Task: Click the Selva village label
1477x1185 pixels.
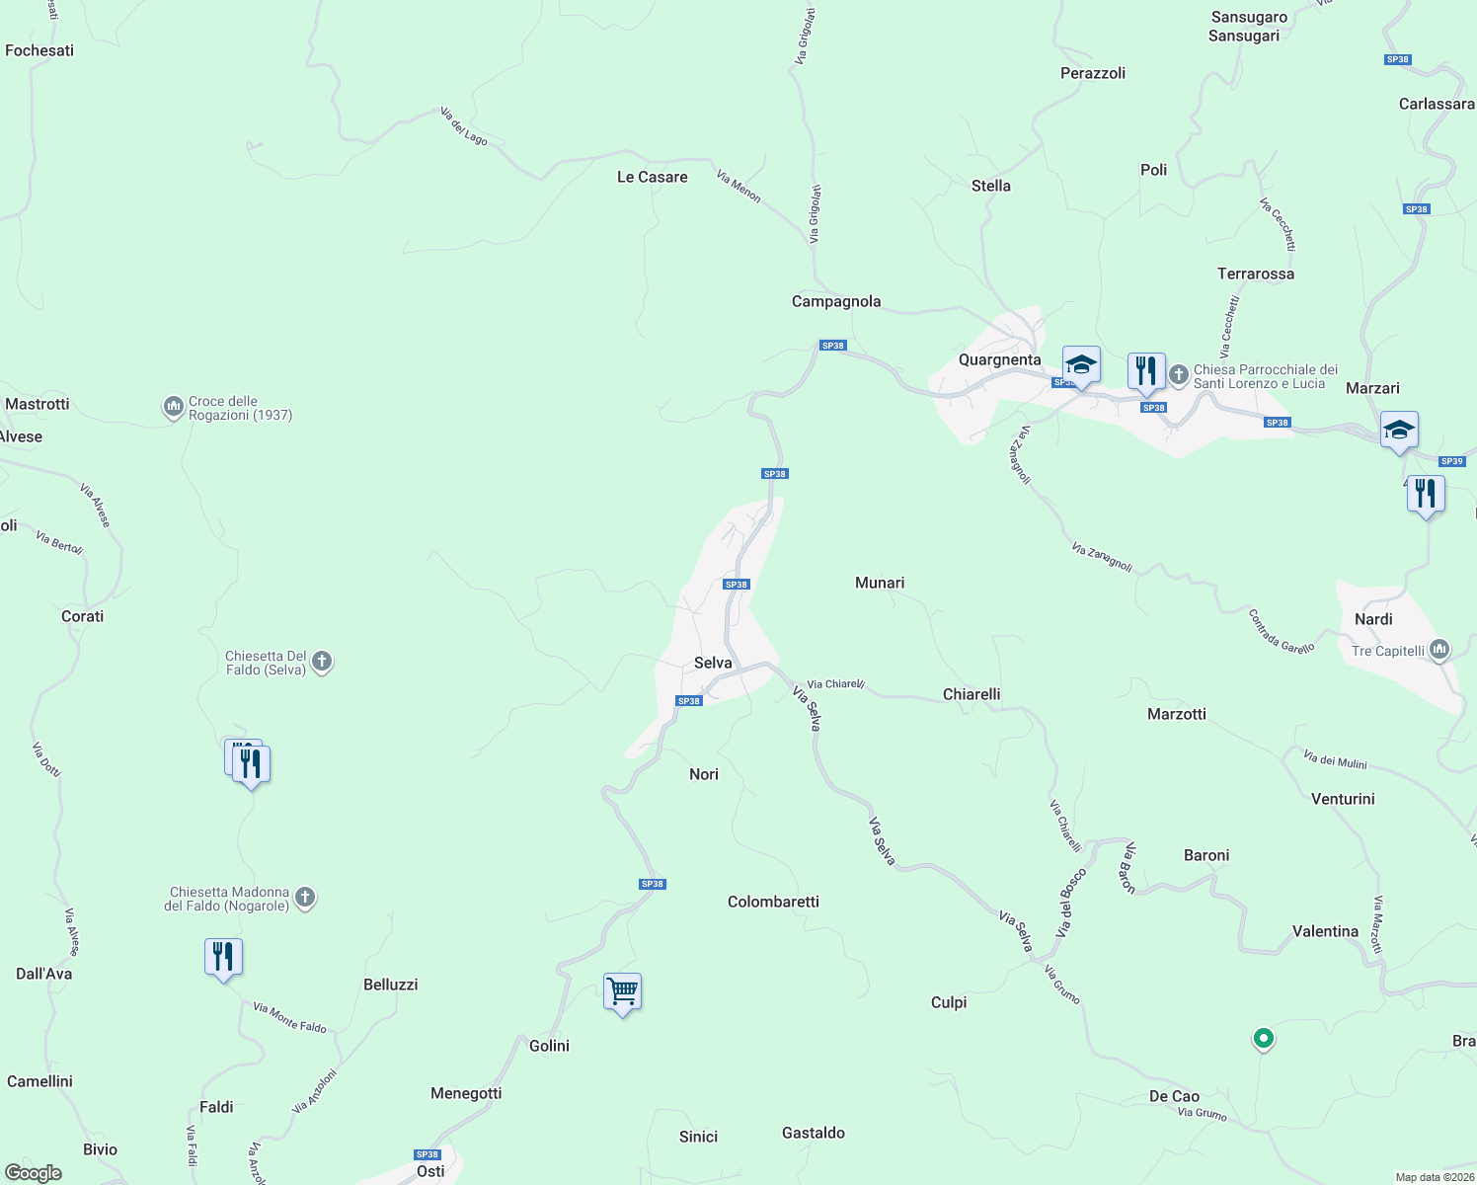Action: pyautogui.click(x=713, y=663)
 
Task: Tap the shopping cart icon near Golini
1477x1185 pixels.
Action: pyautogui.click(x=622, y=990)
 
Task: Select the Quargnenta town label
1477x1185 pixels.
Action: pyautogui.click(x=999, y=359)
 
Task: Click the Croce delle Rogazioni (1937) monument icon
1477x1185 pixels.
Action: pyautogui.click(x=174, y=407)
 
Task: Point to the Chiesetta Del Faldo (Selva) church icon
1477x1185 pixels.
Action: pyautogui.click(x=322, y=662)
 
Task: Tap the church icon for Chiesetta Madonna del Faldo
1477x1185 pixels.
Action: pyautogui.click(x=305, y=898)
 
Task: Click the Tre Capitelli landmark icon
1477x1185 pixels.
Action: pyautogui.click(x=1439, y=650)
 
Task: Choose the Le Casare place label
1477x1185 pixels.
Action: pyautogui.click(x=652, y=177)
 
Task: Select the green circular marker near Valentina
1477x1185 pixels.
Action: pyautogui.click(x=1263, y=1038)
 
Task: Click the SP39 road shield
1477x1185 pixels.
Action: pyautogui.click(x=1451, y=461)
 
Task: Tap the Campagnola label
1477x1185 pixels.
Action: pyautogui.click(x=835, y=301)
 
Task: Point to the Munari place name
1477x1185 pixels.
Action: pyautogui.click(x=879, y=583)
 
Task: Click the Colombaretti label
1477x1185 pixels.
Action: pyautogui.click(x=773, y=902)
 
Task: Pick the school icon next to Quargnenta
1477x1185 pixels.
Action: pyautogui.click(x=1081, y=364)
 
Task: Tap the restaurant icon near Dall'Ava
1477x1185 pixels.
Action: pyautogui.click(x=223, y=957)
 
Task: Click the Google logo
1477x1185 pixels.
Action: pyautogui.click(x=33, y=1172)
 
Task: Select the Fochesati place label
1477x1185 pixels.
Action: pyautogui.click(x=39, y=50)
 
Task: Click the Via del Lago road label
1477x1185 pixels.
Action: pyautogui.click(x=464, y=126)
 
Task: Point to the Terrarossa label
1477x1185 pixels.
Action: pyautogui.click(x=1255, y=274)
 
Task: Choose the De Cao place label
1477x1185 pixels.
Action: pyautogui.click(x=1174, y=1096)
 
